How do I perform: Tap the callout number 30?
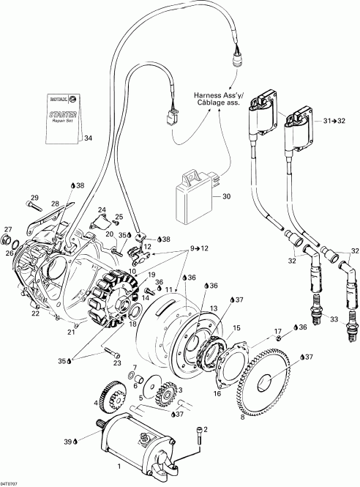tap(226, 196)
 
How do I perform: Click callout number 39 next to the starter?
tap(89, 442)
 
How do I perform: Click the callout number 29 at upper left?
tap(34, 198)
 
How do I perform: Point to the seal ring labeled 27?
tap(9, 242)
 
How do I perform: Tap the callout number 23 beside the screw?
tap(116, 363)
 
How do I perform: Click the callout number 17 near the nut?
tap(278, 332)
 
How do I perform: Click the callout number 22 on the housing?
tap(35, 313)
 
